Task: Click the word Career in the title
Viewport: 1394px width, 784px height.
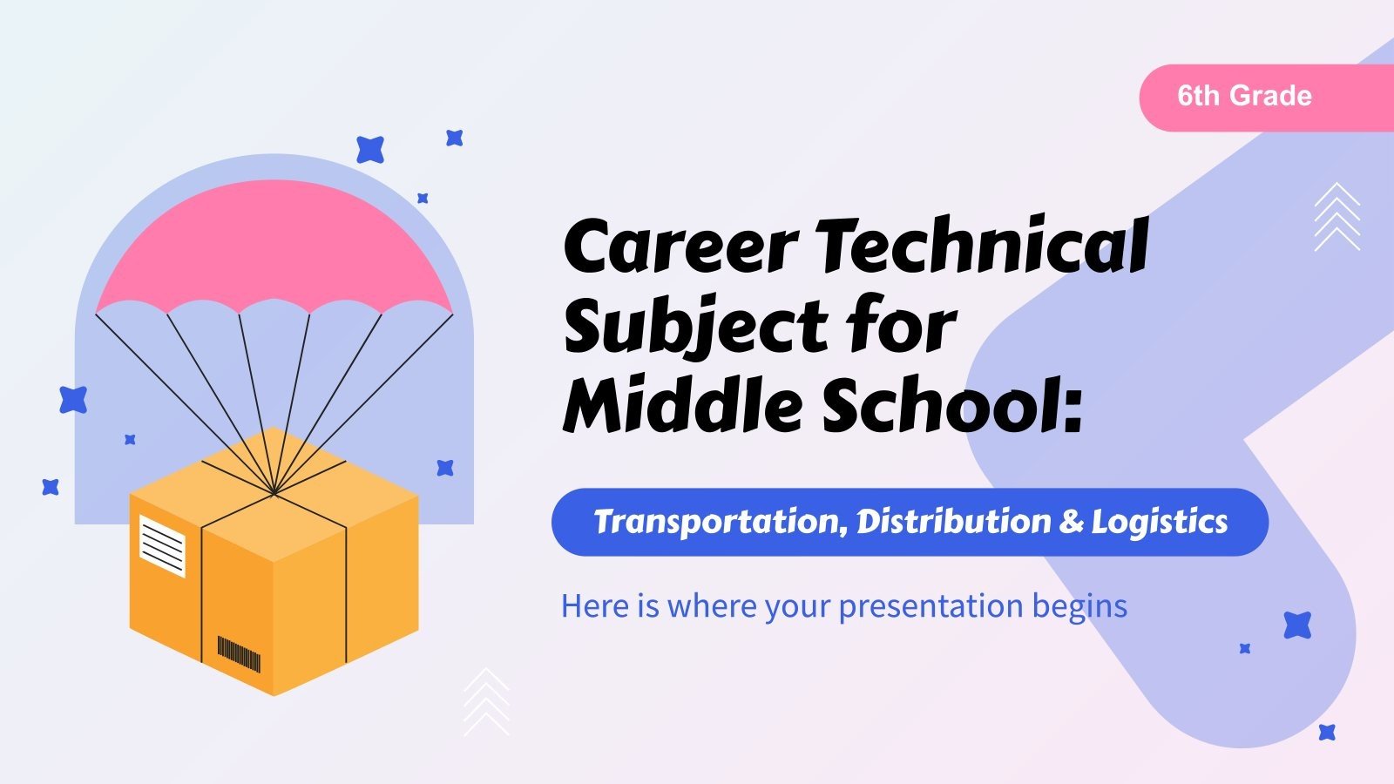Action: click(680, 245)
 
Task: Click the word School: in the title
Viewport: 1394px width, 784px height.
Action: click(953, 404)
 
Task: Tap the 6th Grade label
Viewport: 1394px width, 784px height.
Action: click(1245, 96)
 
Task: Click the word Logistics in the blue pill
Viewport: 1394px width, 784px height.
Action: click(1160, 523)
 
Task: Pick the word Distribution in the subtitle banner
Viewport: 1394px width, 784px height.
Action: click(954, 521)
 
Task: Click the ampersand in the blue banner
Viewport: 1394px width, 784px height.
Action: click(1071, 522)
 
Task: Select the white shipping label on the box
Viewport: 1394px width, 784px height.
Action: click(162, 545)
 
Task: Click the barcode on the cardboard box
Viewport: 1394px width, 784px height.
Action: click(239, 654)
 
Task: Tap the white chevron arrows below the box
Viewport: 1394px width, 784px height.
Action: click(487, 702)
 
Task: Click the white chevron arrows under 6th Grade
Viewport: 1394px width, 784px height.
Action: click(1337, 217)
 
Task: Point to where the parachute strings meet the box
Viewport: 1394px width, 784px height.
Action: click(274, 493)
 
